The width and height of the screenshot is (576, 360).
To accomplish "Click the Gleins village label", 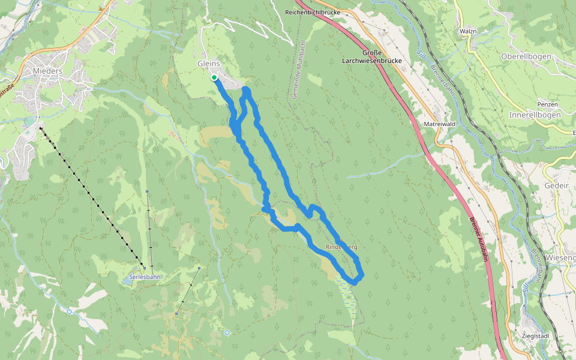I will coord(209,64).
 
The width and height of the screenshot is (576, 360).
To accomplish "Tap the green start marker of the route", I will coord(214,77).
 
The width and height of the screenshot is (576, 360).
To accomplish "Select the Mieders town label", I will coord(44,71).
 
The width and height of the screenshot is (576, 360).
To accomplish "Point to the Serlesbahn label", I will coord(145,277).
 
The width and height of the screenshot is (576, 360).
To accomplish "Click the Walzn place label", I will coord(468,31).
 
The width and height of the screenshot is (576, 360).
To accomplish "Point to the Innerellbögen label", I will coord(534,115).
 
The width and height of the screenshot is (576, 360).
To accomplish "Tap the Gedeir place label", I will coord(556,186).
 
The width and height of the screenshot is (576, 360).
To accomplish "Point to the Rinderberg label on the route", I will coord(341,247).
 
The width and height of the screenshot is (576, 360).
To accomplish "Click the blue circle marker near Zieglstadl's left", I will coord(227,332).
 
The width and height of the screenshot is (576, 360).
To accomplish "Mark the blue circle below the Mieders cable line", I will coord(70,311).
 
